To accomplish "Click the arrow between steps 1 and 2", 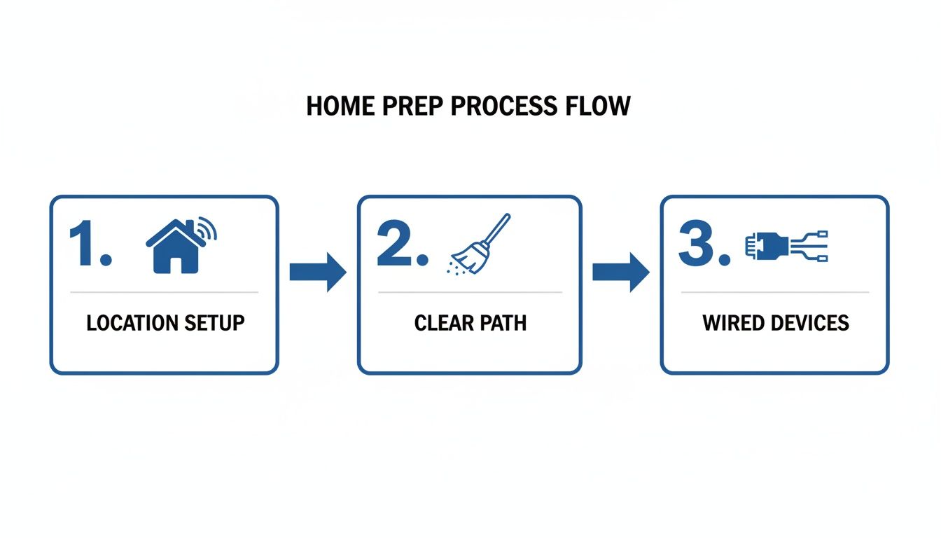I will (x=318, y=272).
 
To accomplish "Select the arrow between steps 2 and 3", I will (x=620, y=272).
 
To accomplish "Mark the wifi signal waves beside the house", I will (x=208, y=230).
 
